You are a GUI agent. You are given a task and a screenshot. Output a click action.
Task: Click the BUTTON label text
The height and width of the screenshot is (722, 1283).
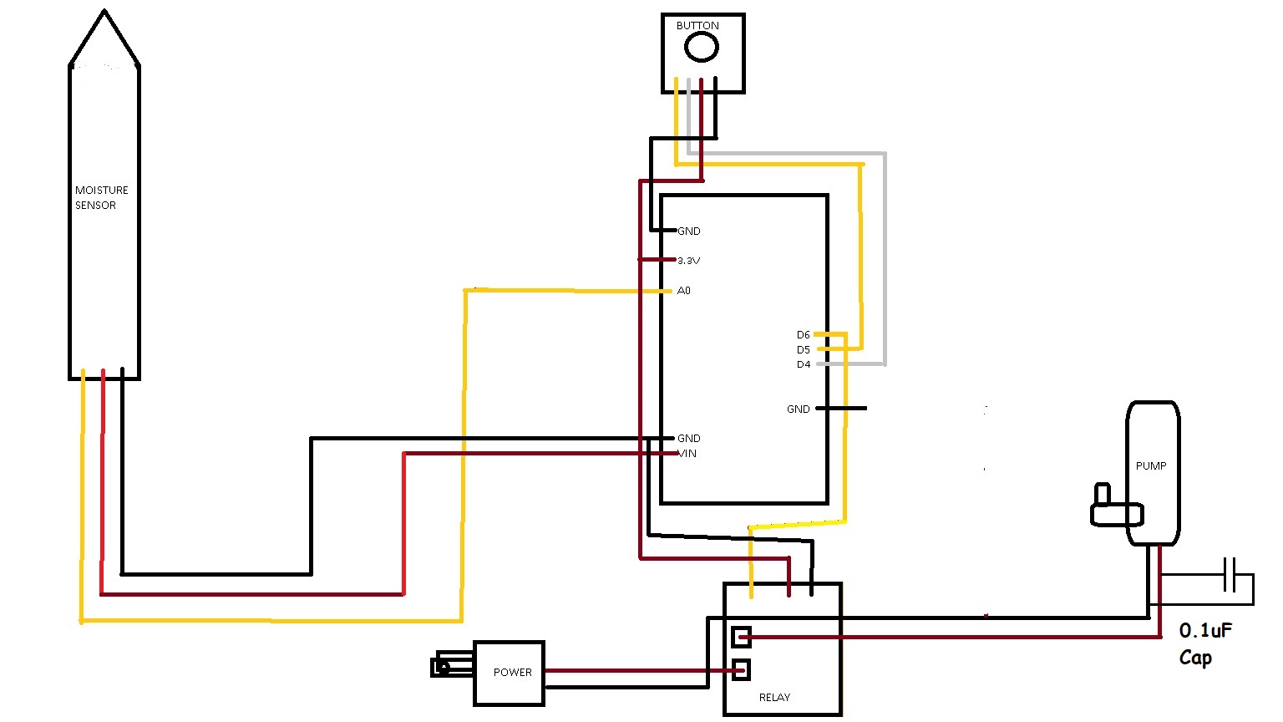697,26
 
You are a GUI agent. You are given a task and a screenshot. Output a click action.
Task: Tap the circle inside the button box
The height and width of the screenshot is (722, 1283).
701,48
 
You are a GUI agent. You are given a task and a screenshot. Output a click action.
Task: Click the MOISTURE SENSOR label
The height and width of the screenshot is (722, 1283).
101,197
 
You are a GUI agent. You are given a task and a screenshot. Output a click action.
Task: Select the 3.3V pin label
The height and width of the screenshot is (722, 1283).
688,261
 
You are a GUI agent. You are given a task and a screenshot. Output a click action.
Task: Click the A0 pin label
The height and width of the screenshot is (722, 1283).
684,291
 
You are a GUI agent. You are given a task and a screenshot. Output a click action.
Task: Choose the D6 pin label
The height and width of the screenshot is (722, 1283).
803,335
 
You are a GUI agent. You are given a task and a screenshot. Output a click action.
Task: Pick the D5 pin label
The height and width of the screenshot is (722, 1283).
803,350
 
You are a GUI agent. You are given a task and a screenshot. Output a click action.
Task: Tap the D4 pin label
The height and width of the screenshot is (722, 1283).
803,365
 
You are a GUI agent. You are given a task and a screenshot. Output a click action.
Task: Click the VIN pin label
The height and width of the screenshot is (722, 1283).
687,454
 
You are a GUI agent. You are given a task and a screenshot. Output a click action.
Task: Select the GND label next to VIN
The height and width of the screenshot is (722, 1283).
688,438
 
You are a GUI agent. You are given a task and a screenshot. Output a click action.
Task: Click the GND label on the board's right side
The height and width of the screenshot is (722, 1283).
798,409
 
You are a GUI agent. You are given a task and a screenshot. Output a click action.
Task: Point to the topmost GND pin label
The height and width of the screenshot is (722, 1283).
688,231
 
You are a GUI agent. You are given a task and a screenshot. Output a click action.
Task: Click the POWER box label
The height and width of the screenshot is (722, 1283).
512,673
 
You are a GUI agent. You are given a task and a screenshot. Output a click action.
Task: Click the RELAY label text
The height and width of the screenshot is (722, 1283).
774,698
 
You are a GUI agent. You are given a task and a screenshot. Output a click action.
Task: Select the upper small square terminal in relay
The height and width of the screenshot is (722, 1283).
741,638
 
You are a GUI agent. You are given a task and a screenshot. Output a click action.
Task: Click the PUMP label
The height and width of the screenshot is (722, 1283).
1150,466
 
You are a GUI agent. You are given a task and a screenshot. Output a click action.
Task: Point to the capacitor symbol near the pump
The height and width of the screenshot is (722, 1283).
1230,575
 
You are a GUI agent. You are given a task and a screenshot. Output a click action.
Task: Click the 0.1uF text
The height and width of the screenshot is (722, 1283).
1205,631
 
